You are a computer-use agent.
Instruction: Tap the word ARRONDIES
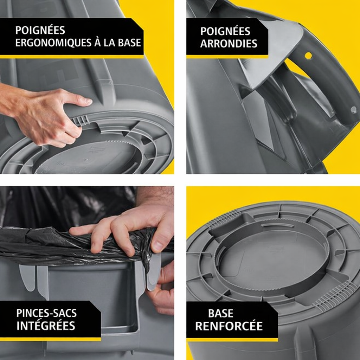point(229,44)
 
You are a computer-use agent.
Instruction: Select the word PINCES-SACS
point(46,313)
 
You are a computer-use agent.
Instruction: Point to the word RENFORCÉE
point(229,326)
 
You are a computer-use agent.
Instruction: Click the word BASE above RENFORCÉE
point(221,313)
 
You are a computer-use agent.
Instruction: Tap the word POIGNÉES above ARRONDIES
point(225,31)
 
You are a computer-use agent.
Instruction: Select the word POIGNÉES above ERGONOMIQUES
point(40,30)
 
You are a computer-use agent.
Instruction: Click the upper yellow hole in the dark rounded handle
point(308,55)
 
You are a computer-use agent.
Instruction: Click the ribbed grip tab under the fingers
point(81,120)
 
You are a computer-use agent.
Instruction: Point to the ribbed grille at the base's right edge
point(333,296)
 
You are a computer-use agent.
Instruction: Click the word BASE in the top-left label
point(129,43)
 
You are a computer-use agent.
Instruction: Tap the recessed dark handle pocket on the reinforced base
point(232,227)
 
